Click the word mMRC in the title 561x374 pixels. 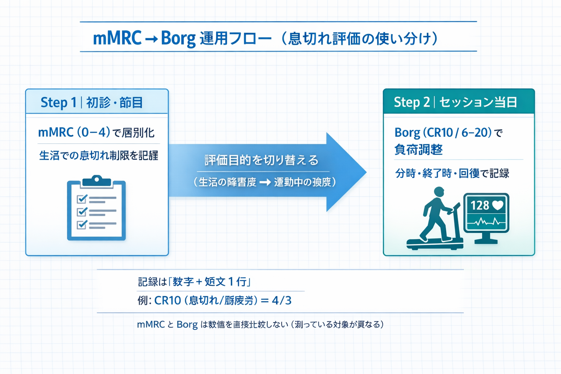tap(117, 38)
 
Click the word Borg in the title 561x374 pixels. tap(178, 38)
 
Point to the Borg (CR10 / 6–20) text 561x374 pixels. tap(443, 132)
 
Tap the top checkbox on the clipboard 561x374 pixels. tap(82, 199)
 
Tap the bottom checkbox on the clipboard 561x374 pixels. tap(82, 224)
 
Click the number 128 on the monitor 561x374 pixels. tap(480, 206)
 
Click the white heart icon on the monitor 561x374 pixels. tap(497, 205)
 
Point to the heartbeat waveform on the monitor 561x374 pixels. tap(486, 221)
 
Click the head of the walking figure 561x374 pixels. tap(439, 192)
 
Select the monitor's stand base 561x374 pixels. tap(486, 241)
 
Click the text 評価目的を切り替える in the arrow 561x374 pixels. tap(262, 160)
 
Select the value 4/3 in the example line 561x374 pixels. tap(282, 301)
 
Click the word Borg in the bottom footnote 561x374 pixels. tap(187, 325)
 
